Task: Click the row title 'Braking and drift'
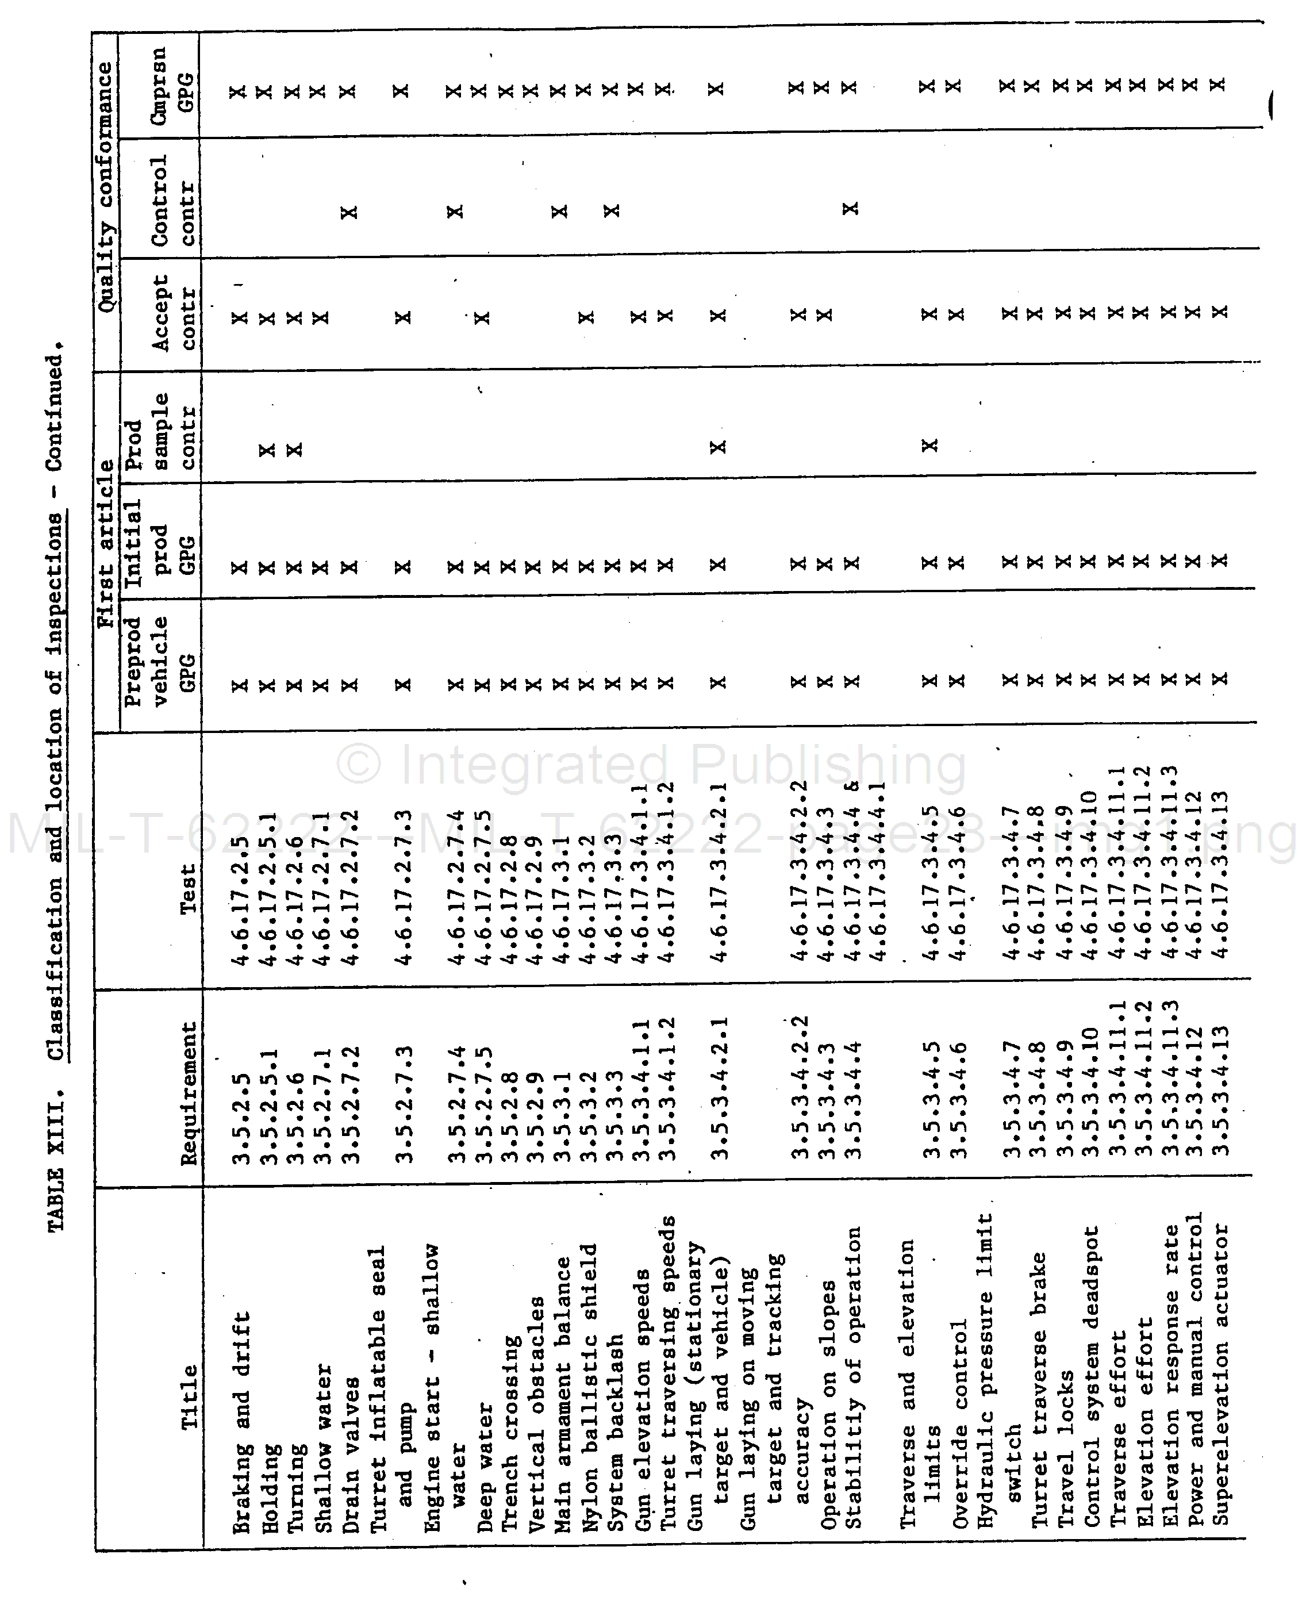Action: (x=241, y=1422)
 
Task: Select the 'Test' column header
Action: (x=187, y=888)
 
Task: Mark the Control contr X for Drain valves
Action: (x=349, y=212)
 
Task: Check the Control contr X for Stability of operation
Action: (x=850, y=208)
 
